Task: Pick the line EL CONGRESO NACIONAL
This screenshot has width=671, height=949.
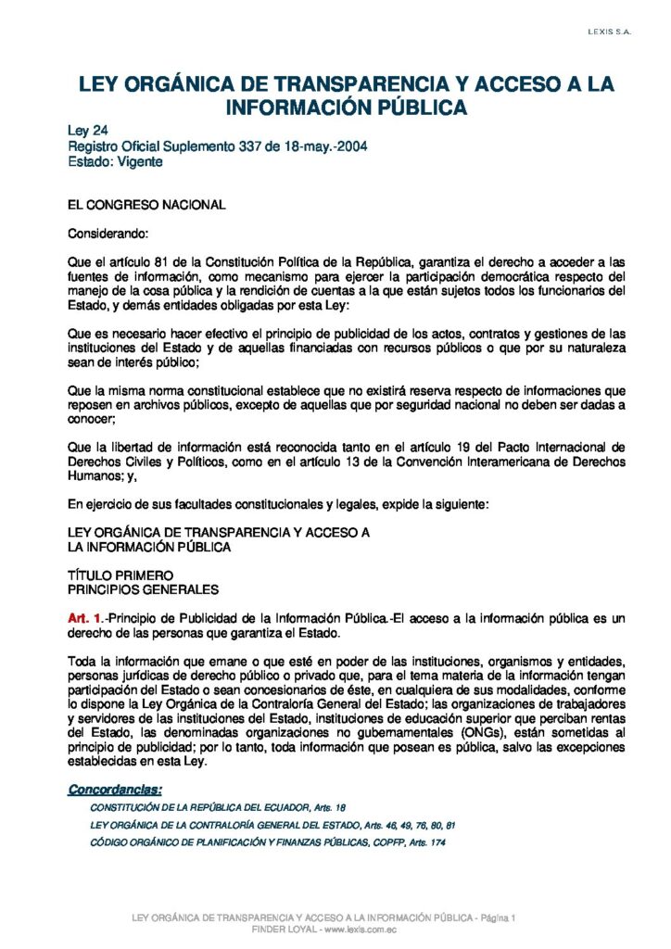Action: [x=146, y=205]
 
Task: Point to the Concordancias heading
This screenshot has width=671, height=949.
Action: [x=115, y=790]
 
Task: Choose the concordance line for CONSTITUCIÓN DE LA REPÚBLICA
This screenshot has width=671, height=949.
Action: [x=218, y=808]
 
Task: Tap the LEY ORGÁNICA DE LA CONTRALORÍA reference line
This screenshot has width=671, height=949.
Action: [x=272, y=825]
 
